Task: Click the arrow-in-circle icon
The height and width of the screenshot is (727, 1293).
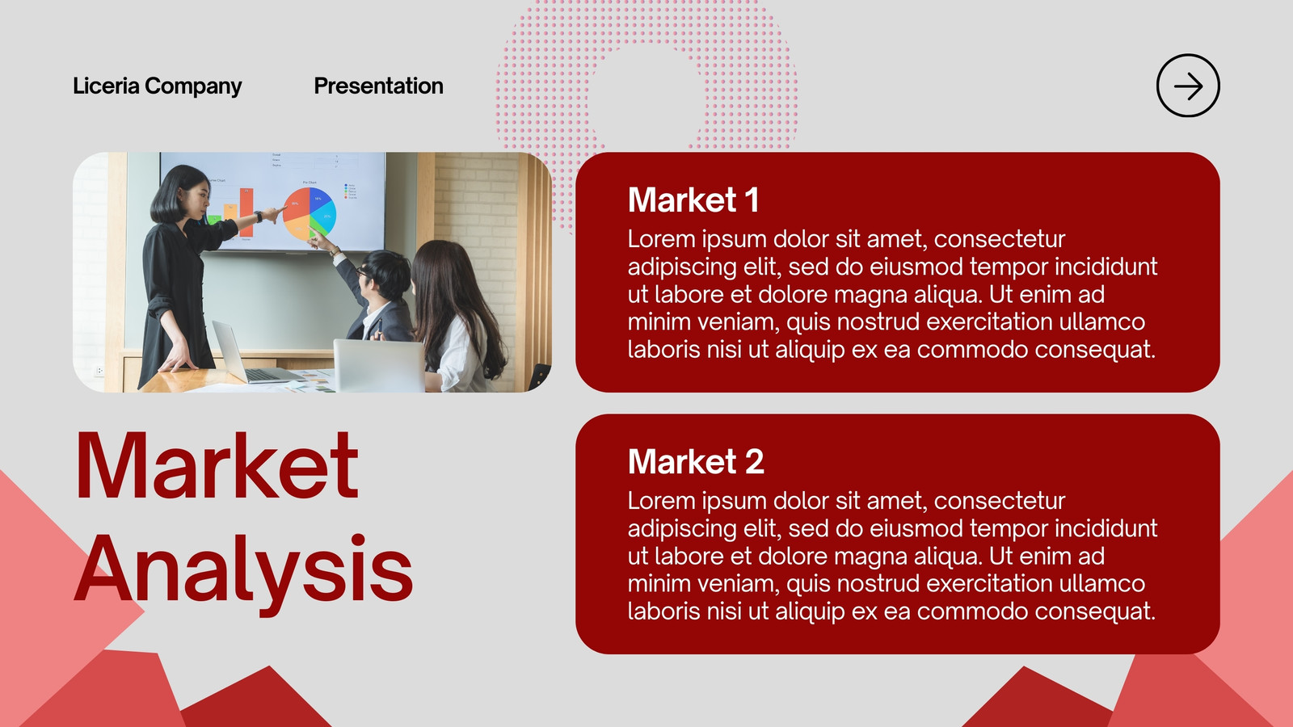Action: [1188, 86]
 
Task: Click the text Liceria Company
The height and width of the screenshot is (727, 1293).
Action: [157, 86]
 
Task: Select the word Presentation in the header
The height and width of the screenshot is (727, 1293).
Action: [379, 86]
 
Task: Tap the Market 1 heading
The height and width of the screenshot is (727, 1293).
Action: [693, 200]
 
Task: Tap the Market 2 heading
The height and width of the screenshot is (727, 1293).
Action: [696, 461]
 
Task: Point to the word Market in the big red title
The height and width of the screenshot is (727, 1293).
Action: [217, 465]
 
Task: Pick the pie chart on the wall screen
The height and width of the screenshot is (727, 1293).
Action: [310, 213]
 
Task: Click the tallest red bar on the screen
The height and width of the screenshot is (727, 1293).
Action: [246, 212]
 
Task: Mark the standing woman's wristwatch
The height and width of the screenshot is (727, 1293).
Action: [259, 217]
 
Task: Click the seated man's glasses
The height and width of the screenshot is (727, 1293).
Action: [363, 271]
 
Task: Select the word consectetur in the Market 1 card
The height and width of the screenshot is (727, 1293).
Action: [999, 239]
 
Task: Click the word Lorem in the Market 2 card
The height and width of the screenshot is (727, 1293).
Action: [662, 501]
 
